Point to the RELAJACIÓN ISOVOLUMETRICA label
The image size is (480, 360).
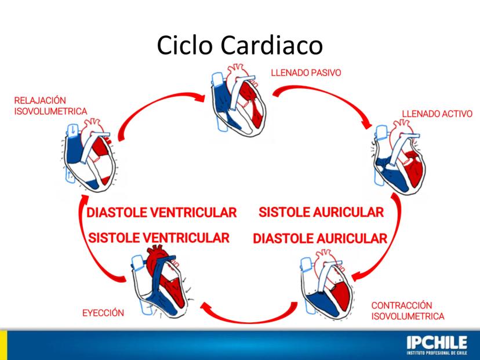point(50,105)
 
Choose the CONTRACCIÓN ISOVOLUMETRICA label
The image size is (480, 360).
point(408,311)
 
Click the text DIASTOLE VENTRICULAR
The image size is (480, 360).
point(162,212)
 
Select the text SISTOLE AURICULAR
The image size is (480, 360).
point(321,212)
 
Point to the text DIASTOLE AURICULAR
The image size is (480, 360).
point(320,238)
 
